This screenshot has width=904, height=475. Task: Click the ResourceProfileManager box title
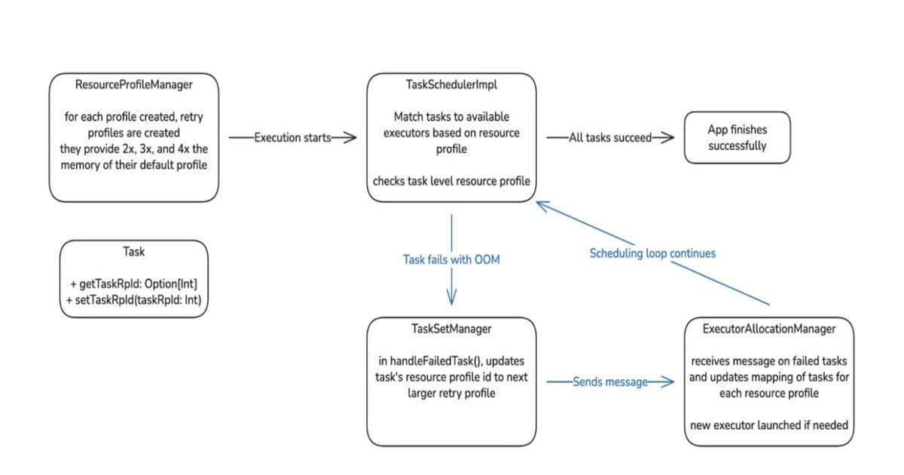tap(133, 84)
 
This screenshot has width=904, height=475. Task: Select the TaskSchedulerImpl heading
tap(451, 84)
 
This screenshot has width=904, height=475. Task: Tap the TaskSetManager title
tap(451, 329)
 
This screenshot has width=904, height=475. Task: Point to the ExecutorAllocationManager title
tap(768, 329)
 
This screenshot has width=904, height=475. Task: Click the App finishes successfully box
tap(737, 137)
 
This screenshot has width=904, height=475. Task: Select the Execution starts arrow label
tap(290, 137)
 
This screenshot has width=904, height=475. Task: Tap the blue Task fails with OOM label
tap(451, 259)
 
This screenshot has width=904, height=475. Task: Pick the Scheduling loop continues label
tap(652, 253)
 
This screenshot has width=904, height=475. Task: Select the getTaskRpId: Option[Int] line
tap(133, 284)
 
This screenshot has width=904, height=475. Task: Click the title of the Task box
tap(133, 252)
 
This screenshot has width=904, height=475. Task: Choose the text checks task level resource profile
tap(451, 181)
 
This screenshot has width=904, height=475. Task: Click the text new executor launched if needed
tap(768, 425)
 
